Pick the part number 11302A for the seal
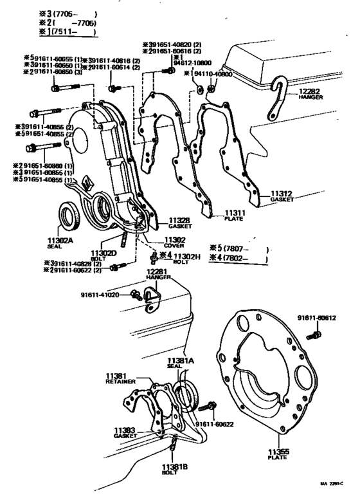[x=61, y=240]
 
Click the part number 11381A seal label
[x=181, y=361]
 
